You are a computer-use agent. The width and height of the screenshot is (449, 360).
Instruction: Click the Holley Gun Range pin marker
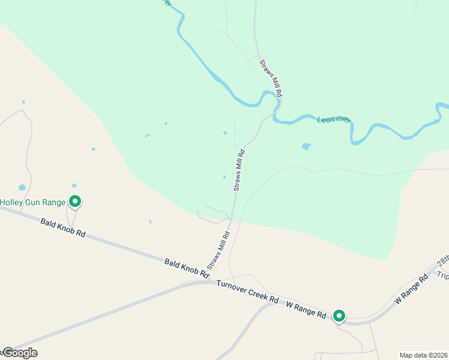75,202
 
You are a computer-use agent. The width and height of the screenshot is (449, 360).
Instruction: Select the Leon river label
334,119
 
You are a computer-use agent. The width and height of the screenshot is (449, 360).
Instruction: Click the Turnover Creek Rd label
248,291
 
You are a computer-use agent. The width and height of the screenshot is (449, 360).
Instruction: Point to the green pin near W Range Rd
339,316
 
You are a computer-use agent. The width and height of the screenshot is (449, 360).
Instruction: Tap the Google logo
19,353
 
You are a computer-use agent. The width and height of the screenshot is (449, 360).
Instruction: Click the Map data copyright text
423,355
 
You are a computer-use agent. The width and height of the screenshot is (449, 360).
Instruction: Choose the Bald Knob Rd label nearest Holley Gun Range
63,227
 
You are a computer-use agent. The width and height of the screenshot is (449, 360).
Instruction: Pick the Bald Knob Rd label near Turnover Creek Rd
187,268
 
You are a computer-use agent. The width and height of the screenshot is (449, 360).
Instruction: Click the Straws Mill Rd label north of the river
271,79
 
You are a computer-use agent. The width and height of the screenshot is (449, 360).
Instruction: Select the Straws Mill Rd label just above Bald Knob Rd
219,250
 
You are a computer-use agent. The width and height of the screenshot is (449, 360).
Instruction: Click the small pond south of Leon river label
307,146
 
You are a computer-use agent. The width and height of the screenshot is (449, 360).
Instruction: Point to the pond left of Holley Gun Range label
22,187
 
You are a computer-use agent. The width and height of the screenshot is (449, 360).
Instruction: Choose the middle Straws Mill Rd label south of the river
239,171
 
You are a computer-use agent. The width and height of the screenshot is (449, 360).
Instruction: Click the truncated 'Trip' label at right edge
442,275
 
